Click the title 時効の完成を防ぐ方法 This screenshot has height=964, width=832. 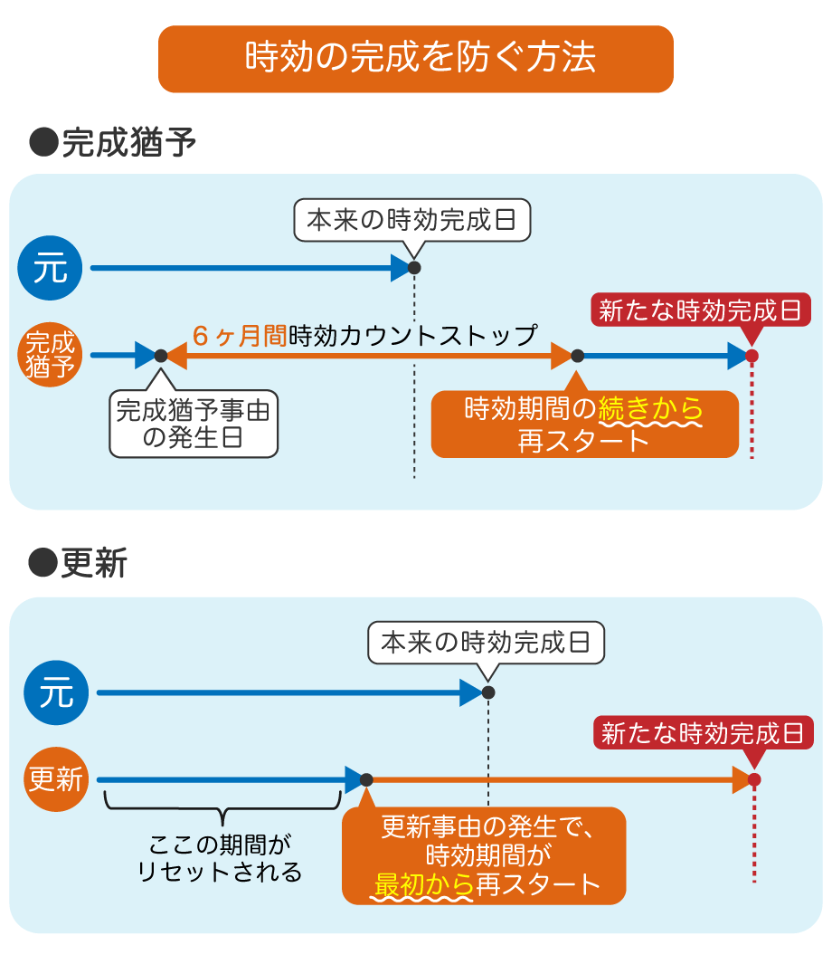[x=416, y=59]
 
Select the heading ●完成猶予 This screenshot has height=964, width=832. [x=113, y=143]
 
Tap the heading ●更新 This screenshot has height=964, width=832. [x=79, y=563]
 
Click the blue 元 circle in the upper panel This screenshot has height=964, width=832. [x=51, y=268]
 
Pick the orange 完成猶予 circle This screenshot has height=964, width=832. [x=51, y=355]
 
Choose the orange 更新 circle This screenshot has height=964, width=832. [x=56, y=779]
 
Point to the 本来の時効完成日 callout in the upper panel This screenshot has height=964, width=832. [x=411, y=220]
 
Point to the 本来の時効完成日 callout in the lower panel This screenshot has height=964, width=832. [x=486, y=644]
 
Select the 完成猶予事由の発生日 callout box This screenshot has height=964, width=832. [x=194, y=424]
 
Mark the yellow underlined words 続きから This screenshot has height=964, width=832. [x=651, y=410]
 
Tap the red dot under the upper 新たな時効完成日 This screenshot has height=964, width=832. [x=752, y=356]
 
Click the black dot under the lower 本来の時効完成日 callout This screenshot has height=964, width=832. [x=488, y=692]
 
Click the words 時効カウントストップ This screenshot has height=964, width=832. [x=412, y=336]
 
